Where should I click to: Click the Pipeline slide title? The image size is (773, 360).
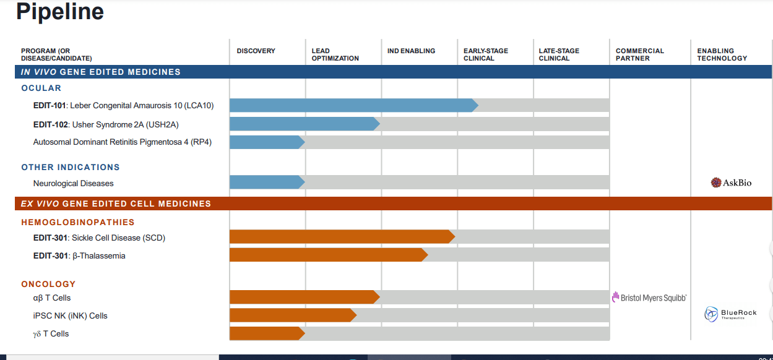tap(60, 12)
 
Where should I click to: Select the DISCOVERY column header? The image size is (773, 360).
tap(256, 51)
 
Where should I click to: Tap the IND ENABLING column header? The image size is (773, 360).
tap(411, 51)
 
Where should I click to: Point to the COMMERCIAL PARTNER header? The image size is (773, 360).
tap(639, 54)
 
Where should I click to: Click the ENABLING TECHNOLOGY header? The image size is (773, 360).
tap(722, 54)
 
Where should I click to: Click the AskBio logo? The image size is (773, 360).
tap(731, 182)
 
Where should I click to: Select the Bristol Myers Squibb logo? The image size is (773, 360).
tap(649, 298)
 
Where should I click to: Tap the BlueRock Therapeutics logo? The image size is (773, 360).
tap(730, 314)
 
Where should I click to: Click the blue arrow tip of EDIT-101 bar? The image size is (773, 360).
tap(475, 105)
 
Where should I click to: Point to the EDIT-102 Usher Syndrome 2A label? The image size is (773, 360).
tap(106, 124)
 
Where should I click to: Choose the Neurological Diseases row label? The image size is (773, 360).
tap(73, 183)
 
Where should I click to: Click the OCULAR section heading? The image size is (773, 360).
tap(41, 88)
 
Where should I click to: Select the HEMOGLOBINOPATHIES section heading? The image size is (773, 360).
tap(77, 222)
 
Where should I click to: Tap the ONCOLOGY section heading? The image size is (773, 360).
tap(48, 284)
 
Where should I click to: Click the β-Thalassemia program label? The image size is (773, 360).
tap(79, 255)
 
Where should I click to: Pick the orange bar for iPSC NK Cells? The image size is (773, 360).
tap(291, 315)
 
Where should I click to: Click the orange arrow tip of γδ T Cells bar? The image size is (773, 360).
tap(301, 333)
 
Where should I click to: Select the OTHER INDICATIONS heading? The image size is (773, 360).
tap(70, 167)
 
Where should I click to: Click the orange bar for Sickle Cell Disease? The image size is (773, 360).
tap(340, 237)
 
